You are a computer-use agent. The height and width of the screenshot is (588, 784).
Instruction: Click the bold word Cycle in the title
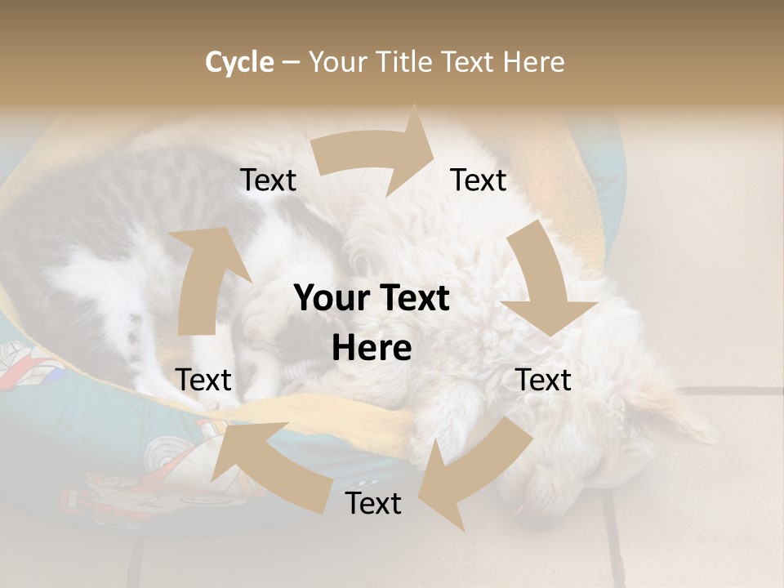[x=239, y=62]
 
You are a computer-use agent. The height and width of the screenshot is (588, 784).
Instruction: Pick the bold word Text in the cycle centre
[x=412, y=299]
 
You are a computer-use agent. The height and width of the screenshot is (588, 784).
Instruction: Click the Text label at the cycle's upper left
[x=268, y=180]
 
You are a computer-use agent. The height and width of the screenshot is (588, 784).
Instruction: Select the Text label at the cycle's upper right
[x=479, y=180]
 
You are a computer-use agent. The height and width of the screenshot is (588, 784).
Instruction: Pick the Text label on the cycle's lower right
[x=543, y=381]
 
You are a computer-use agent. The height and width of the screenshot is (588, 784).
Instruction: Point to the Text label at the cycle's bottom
[x=373, y=504]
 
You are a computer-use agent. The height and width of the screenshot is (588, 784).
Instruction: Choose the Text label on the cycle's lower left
[x=203, y=381]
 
